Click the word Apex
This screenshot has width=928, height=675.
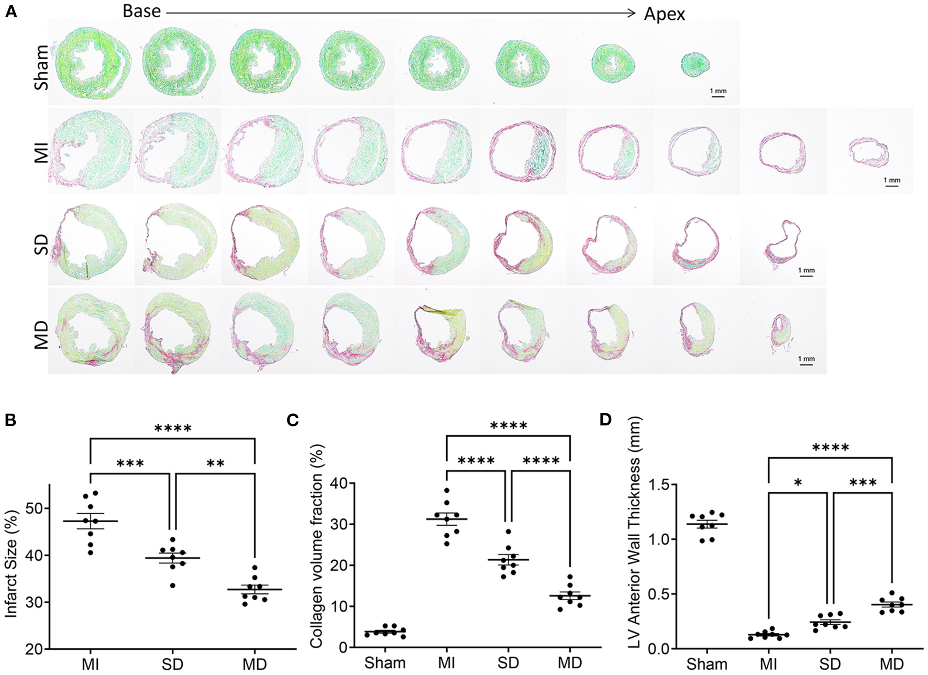click(x=664, y=14)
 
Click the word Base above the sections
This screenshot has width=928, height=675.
click(x=141, y=11)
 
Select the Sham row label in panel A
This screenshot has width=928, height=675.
click(x=41, y=67)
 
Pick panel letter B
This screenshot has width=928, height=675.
click(x=10, y=421)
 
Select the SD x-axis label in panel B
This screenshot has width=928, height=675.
click(x=172, y=664)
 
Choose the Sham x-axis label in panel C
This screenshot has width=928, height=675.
click(x=385, y=662)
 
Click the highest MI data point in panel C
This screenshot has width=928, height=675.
click(x=447, y=491)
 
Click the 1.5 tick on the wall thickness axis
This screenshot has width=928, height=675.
click(x=658, y=485)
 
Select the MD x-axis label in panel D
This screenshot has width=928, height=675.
click(x=891, y=664)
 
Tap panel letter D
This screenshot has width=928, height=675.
click(x=605, y=421)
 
